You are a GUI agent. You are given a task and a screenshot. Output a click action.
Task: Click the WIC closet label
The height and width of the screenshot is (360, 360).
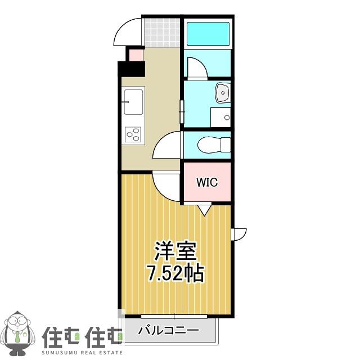pyautogui.click(x=207, y=182)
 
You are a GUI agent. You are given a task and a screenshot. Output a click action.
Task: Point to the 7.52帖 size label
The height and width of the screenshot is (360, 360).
pyautogui.click(x=175, y=273)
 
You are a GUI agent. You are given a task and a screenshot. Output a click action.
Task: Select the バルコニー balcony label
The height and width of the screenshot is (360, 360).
pyautogui.click(x=168, y=331)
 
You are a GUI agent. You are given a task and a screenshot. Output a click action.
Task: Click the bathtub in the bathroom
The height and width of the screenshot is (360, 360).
pyautogui.click(x=208, y=34)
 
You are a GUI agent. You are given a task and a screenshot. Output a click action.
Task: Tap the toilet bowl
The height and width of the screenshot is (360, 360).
pyautogui.click(x=214, y=145)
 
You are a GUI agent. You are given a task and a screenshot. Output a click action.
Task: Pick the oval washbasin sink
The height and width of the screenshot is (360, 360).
pyautogui.click(x=223, y=92)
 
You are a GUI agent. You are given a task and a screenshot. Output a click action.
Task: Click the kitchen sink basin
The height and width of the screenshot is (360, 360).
pyautogui.click(x=133, y=102)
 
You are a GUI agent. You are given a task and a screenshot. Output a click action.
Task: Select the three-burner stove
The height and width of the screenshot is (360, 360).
pyautogui.click(x=133, y=134)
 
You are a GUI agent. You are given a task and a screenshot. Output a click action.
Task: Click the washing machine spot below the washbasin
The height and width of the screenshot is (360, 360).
pyautogui.click(x=220, y=118)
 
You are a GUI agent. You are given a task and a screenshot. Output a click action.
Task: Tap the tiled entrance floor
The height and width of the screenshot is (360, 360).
pyautogui.click(x=163, y=33)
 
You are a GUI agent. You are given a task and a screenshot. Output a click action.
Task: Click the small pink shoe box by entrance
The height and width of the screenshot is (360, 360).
pyautogui.click(x=136, y=55)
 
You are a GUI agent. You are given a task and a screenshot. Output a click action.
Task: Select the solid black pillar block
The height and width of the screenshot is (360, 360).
pyautogui.click(x=131, y=69)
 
